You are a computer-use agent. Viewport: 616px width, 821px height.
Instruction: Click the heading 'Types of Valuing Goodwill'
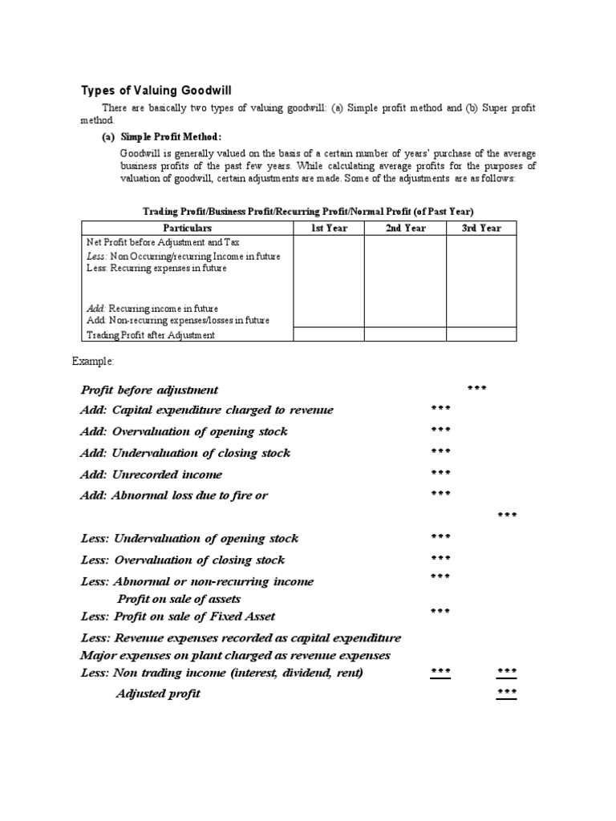(x=157, y=90)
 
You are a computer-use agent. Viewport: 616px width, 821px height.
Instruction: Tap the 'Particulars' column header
(x=188, y=229)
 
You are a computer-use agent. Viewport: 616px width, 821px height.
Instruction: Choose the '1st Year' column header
(x=329, y=229)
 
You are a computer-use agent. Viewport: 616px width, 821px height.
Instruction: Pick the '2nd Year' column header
(x=405, y=229)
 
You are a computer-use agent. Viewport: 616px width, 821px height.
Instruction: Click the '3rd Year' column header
(x=481, y=229)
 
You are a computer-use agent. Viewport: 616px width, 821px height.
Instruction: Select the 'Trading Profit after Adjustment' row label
(x=151, y=335)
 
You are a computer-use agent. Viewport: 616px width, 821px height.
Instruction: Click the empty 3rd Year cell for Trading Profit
(x=481, y=334)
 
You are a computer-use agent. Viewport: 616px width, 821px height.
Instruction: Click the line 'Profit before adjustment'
(x=149, y=390)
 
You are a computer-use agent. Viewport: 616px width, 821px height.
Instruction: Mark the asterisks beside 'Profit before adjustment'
(x=476, y=389)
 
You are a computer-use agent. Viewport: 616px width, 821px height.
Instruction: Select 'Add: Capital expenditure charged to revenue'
(x=207, y=410)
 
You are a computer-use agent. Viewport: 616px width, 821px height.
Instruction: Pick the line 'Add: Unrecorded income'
(x=152, y=474)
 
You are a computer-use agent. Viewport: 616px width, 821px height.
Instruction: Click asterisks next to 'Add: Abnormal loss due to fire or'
(x=440, y=494)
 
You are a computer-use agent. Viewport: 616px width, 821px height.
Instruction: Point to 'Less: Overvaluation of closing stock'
(x=183, y=560)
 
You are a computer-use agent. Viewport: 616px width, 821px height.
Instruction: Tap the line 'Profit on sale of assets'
(x=179, y=599)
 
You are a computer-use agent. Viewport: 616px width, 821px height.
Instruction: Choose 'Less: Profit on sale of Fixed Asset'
(x=178, y=617)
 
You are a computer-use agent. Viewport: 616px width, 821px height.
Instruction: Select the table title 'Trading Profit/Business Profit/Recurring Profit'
(x=308, y=211)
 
